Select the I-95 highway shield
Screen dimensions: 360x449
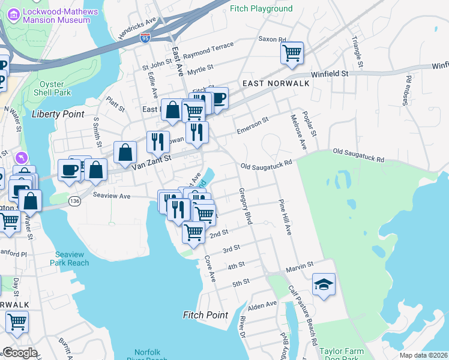click(x=145, y=37)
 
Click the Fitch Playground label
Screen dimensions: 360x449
click(x=262, y=8)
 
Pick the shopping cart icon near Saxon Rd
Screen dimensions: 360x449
click(x=292, y=52)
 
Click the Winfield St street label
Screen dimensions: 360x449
click(x=332, y=73)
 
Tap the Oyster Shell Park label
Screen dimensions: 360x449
click(x=55, y=88)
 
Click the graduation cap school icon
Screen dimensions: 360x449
click(x=324, y=284)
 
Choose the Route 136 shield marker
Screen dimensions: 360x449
click(x=74, y=200)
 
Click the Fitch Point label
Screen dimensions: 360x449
click(x=205, y=315)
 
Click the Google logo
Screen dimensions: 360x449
click(x=19, y=353)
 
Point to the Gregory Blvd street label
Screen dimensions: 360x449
click(x=246, y=205)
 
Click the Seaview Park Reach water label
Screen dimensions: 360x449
click(x=72, y=259)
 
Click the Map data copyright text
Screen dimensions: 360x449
click(x=423, y=355)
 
